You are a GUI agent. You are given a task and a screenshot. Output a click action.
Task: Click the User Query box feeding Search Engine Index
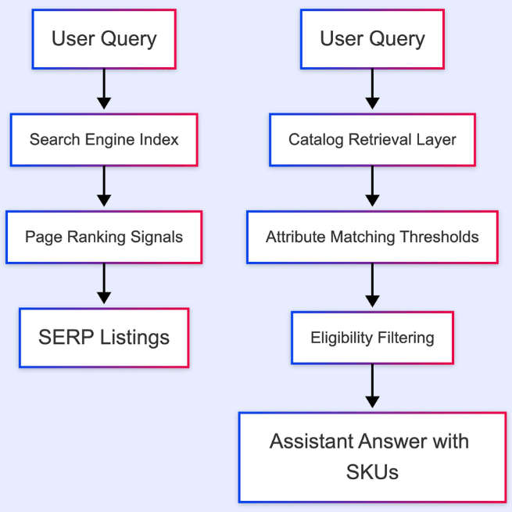tap(104, 38)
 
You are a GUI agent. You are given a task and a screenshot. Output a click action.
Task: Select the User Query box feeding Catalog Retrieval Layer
tap(372, 38)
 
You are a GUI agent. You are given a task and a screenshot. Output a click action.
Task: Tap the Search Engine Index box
tap(104, 140)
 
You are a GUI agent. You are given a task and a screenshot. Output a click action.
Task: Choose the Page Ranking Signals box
tap(104, 236)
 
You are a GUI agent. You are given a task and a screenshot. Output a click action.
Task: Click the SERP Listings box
tap(104, 338)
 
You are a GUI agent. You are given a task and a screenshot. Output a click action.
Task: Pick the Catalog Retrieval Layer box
tap(372, 140)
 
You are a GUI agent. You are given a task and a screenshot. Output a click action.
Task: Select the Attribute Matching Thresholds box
tap(372, 236)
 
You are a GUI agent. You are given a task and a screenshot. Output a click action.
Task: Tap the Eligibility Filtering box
tap(372, 338)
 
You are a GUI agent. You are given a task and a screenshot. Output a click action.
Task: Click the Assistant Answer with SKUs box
tap(372, 457)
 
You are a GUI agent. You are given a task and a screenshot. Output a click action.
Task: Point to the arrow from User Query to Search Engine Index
tap(104, 90)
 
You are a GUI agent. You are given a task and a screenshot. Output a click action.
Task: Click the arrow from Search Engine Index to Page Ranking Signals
tap(104, 188)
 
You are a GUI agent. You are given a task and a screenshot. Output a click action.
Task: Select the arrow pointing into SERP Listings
tap(104, 285)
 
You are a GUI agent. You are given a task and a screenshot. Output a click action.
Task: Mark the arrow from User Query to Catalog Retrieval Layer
tap(372, 90)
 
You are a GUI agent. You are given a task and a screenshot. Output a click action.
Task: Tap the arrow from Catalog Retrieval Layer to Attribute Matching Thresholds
tap(372, 188)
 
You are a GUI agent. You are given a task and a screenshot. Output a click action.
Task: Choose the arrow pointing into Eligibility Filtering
tap(372, 288)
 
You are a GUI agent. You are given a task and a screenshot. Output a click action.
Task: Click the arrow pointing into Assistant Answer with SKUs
tap(372, 388)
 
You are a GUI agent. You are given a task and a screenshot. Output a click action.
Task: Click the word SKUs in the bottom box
tap(372, 472)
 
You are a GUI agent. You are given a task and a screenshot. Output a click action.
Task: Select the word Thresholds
tap(439, 236)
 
